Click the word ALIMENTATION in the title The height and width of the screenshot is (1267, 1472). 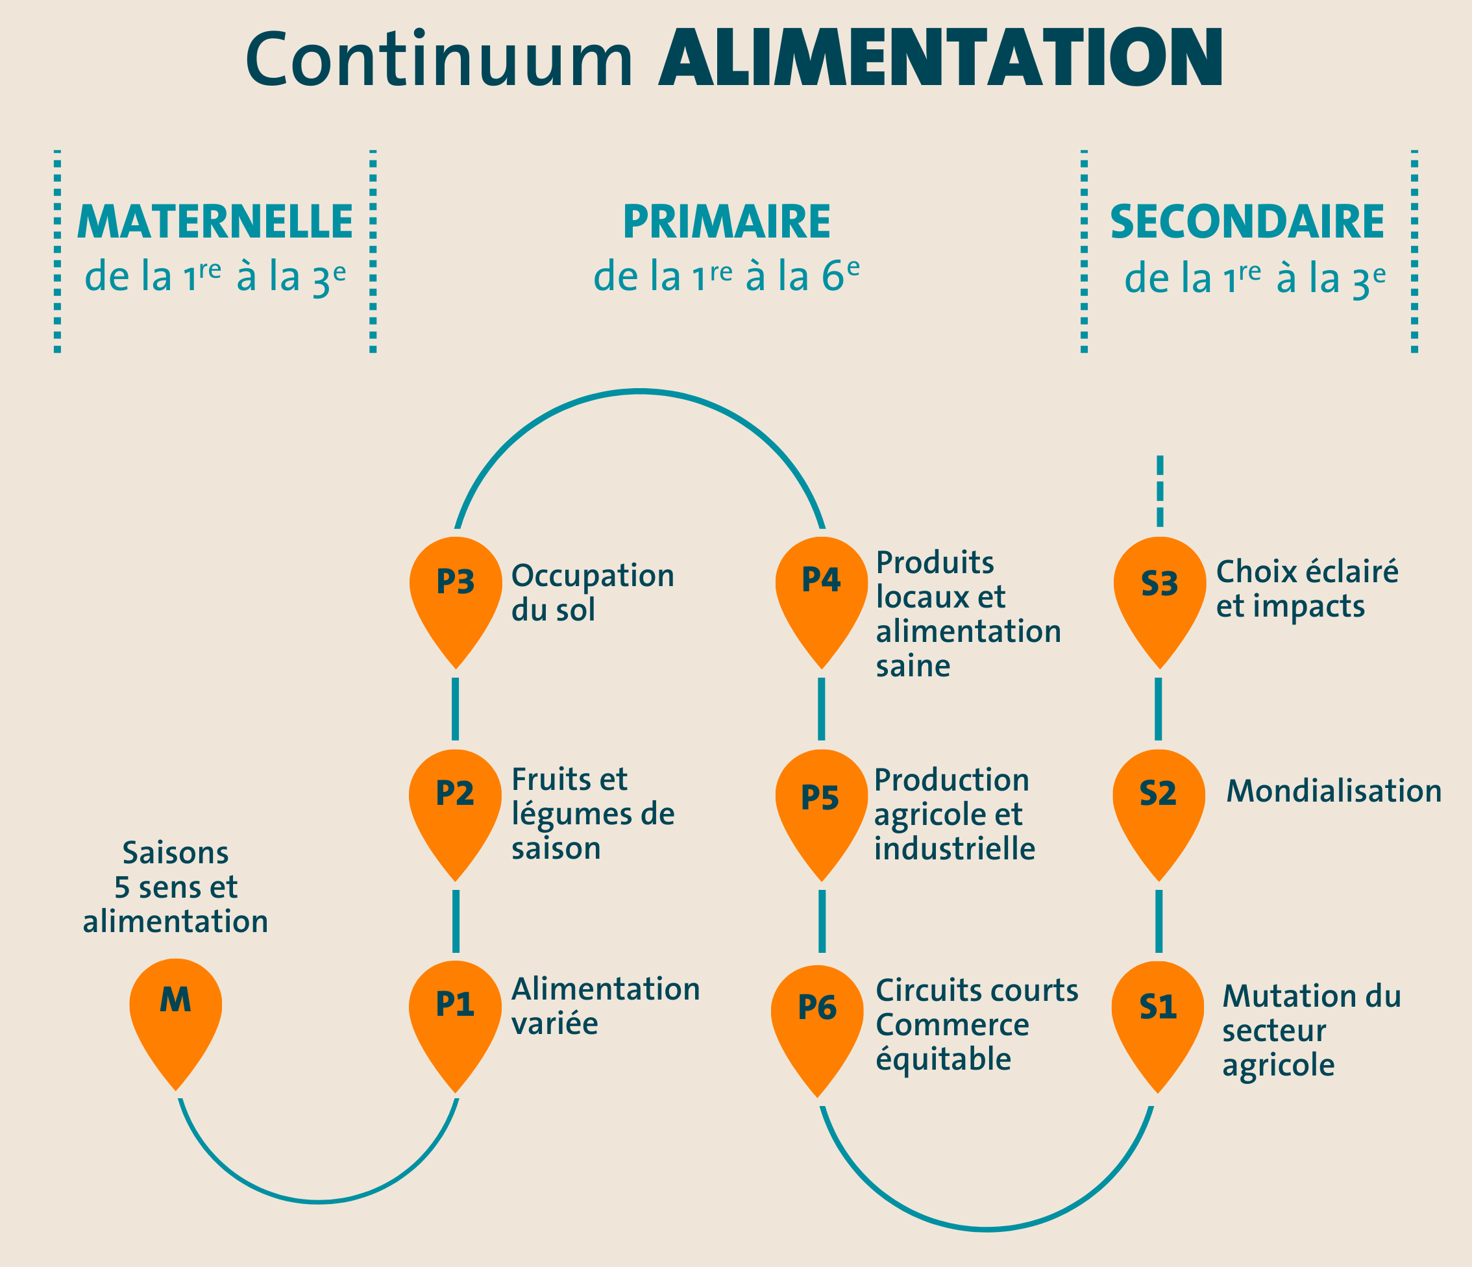[940, 58]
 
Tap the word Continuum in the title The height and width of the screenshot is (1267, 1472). [439, 60]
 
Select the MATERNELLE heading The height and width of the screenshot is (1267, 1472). [215, 222]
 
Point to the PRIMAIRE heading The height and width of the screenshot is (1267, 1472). [727, 222]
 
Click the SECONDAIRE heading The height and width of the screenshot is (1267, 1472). [1247, 222]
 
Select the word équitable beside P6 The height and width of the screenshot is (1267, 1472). [943, 1059]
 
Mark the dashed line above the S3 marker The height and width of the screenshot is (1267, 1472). [1160, 491]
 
